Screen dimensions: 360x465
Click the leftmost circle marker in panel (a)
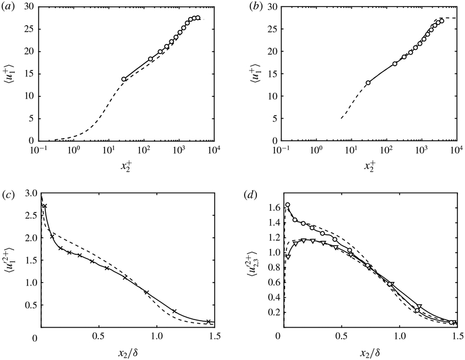(x=124, y=79)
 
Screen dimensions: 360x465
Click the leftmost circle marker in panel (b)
(x=368, y=83)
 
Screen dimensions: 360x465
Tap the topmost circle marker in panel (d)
(x=287, y=205)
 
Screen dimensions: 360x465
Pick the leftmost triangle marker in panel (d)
(x=287, y=257)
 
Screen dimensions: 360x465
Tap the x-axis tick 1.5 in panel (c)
(x=215, y=337)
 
